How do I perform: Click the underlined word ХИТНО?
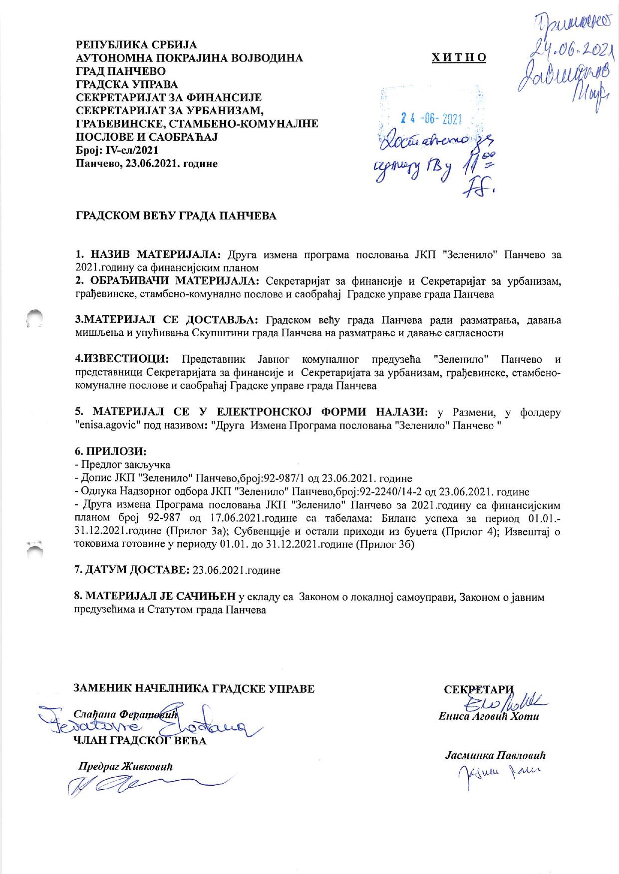pos(459,58)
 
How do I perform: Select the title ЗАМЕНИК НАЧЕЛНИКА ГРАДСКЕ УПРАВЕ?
pos(195,689)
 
